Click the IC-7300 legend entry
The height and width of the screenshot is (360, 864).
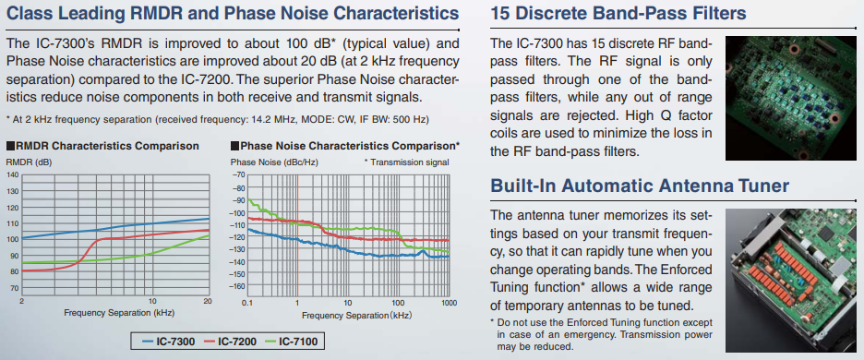[x=169, y=342]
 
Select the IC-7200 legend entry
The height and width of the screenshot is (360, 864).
[x=231, y=342]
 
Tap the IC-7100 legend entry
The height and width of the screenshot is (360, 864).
[x=292, y=342]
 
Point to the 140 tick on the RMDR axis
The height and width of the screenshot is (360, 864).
[x=12, y=174]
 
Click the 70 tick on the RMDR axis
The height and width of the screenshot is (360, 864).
[x=15, y=288]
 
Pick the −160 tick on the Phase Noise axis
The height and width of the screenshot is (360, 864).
[x=237, y=286]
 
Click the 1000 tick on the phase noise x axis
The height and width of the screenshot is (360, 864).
[x=450, y=303]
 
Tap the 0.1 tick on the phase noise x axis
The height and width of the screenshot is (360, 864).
[x=246, y=303]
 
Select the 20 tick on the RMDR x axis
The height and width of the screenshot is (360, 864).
[x=208, y=302]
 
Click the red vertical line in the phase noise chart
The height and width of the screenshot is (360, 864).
[x=297, y=236]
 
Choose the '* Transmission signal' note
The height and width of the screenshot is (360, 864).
[x=407, y=162]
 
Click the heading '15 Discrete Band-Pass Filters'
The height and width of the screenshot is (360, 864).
[x=618, y=14]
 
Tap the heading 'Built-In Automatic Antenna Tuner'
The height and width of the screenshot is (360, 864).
[x=640, y=186]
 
